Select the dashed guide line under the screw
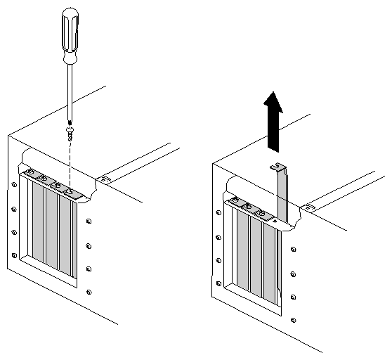point(70,162)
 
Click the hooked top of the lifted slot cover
point(280,167)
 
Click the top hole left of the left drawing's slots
point(14,186)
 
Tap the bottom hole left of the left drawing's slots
point(15,255)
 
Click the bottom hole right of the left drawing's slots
point(89,290)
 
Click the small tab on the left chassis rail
point(105,179)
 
